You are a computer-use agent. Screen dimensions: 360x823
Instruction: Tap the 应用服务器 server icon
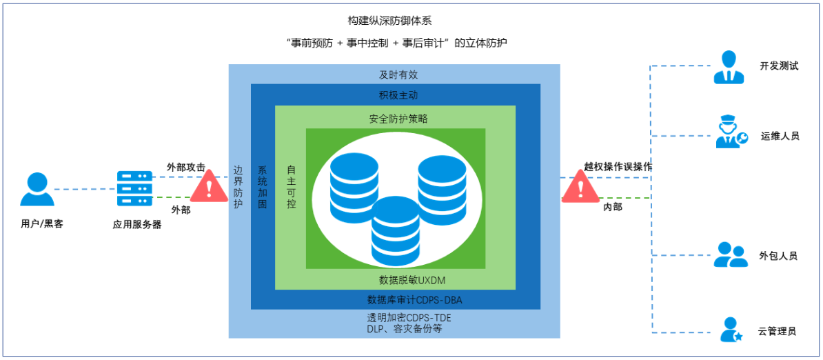tap(134, 188)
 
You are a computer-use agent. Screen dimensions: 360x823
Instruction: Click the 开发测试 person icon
tap(729, 67)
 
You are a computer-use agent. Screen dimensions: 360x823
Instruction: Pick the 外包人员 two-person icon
tap(731, 254)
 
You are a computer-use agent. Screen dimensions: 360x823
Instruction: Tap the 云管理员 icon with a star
tap(731, 330)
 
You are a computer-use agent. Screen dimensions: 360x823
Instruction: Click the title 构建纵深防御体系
tap(390, 21)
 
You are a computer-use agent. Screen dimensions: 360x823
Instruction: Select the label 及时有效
tap(398, 74)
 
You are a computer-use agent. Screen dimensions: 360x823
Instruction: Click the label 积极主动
tap(398, 94)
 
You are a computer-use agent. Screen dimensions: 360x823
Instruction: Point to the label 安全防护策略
tap(398, 118)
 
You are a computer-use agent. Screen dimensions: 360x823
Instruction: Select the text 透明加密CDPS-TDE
tap(409, 318)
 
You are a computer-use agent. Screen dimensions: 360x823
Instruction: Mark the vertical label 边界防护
tap(238, 187)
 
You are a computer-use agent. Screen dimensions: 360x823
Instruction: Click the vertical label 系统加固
tap(262, 187)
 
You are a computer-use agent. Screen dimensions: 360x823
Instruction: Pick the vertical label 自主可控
tap(292, 187)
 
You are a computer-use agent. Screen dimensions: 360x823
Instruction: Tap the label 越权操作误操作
tap(618, 166)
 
